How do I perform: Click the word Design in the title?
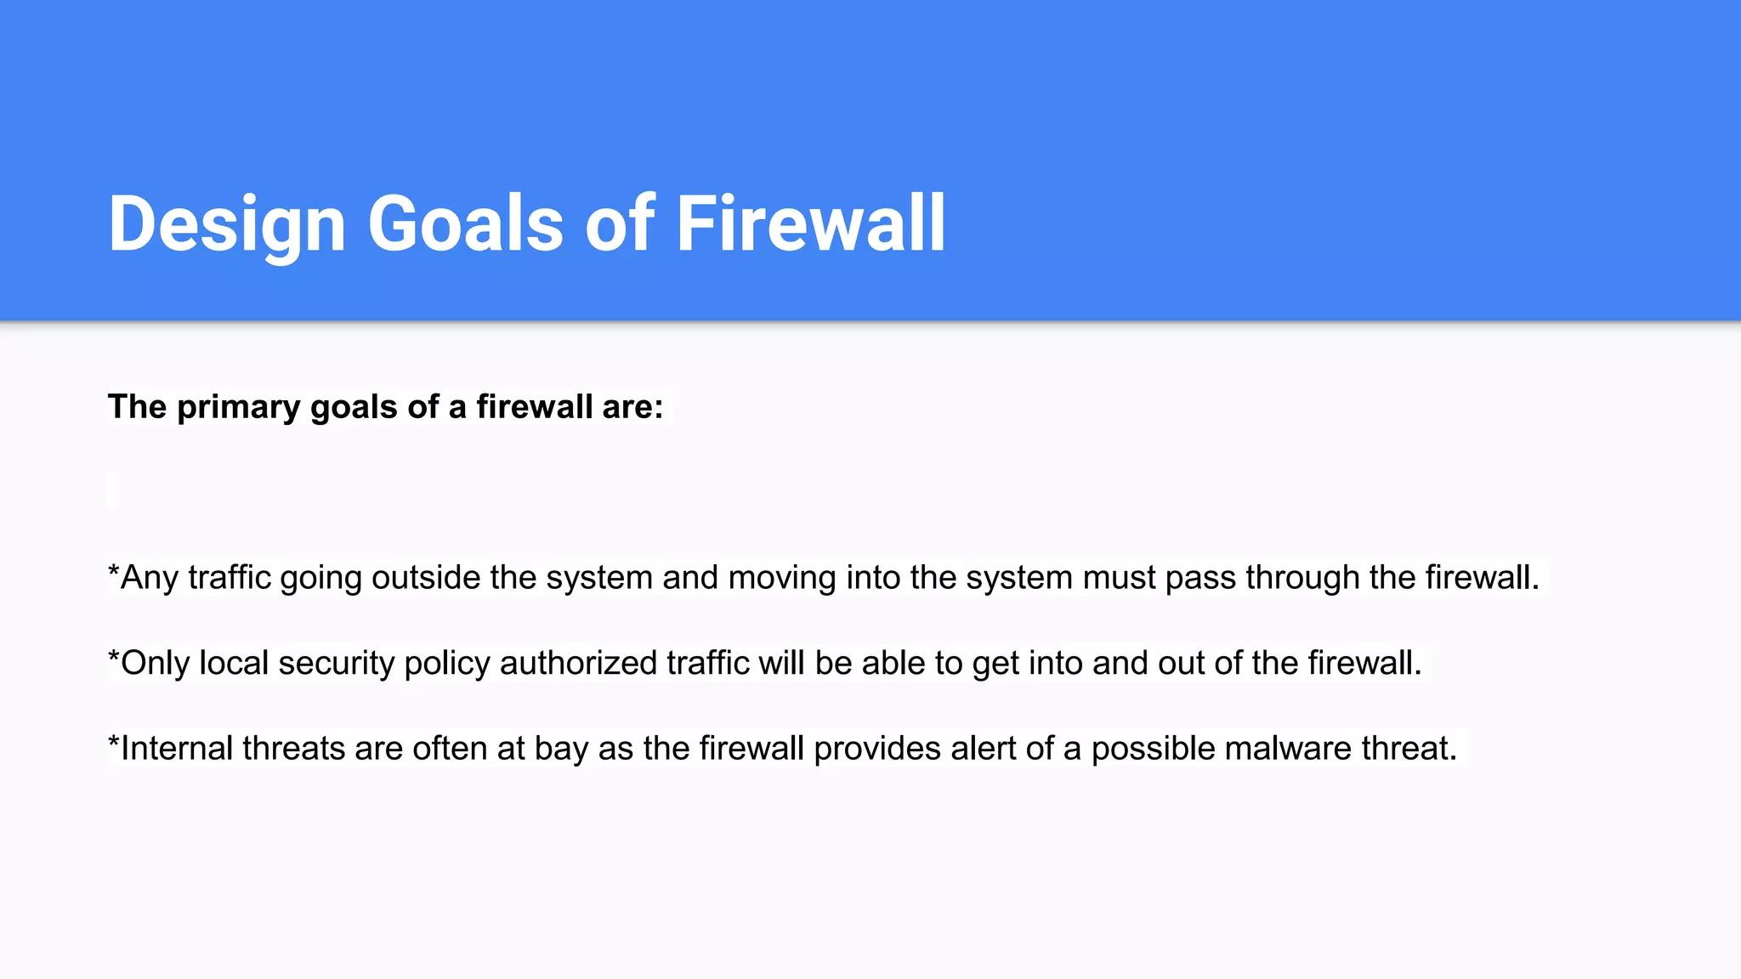pyautogui.click(x=227, y=224)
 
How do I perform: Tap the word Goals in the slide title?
pyautogui.click(x=465, y=224)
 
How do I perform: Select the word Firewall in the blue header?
pyautogui.click(x=810, y=224)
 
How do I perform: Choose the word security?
pyautogui.click(x=337, y=664)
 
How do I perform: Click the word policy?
pyautogui.click(x=447, y=664)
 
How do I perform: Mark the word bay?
pyautogui.click(x=561, y=749)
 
